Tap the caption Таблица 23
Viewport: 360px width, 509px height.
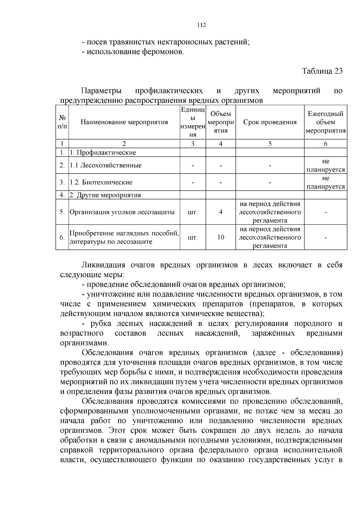point(322,71)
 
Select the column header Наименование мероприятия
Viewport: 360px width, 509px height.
point(124,122)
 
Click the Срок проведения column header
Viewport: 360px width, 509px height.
point(270,122)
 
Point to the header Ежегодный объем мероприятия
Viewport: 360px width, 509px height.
point(325,122)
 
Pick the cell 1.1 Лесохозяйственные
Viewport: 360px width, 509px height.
point(106,165)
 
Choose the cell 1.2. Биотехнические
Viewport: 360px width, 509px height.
point(101,182)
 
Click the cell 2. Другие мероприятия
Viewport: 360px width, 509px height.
point(105,195)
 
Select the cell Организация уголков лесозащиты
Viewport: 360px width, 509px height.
point(122,212)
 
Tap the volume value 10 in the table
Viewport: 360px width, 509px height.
point(220,237)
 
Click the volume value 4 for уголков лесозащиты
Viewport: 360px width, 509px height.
point(220,212)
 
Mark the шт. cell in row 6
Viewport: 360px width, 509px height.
point(192,238)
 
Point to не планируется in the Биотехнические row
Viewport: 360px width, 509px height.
point(325,182)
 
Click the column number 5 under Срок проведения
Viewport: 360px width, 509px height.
point(270,144)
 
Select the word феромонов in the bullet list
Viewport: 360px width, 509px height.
point(165,52)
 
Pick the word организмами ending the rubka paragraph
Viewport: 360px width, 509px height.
point(84,343)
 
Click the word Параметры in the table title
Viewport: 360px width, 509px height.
point(102,91)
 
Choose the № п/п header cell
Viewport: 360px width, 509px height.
point(62,122)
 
